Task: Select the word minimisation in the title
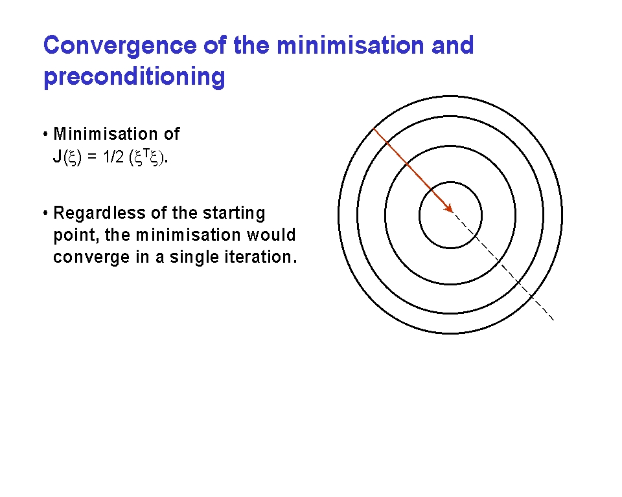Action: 350,45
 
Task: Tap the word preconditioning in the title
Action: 134,77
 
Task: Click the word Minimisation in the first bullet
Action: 106,134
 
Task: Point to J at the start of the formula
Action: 57,157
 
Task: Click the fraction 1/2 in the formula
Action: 113,157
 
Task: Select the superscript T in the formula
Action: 146,153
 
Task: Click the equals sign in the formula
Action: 91,157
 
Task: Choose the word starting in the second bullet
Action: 234,213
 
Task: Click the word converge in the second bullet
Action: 91,258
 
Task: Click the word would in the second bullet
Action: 271,235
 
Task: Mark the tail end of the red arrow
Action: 374,128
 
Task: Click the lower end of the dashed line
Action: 554,320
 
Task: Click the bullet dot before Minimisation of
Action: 45,134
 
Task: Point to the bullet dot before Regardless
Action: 45,213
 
